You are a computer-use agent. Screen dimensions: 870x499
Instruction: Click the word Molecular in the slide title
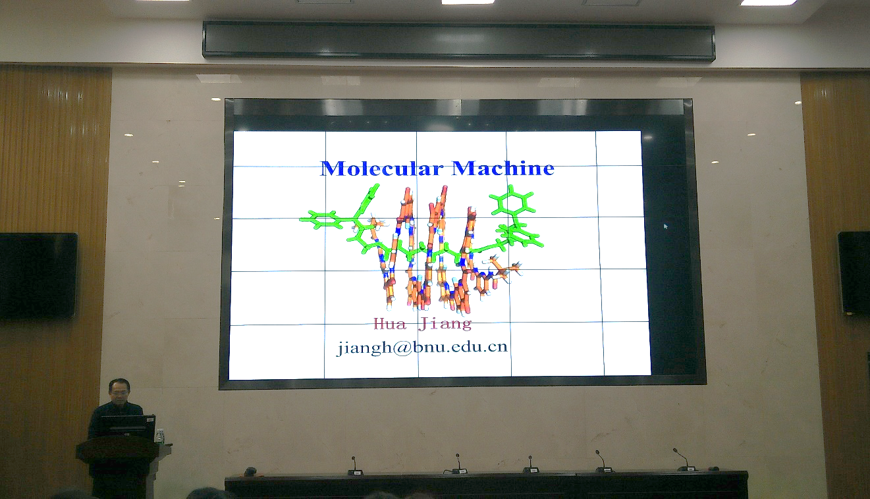381,169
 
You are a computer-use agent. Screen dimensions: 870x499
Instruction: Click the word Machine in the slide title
503,169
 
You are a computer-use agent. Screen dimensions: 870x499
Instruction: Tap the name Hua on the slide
390,323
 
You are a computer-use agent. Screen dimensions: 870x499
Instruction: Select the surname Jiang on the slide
445,323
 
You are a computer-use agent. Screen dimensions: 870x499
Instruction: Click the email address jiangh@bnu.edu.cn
422,347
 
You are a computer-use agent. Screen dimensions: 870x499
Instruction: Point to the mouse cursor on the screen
666,226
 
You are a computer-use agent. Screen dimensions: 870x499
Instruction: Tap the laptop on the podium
128,427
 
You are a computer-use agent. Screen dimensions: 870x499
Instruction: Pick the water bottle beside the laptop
159,435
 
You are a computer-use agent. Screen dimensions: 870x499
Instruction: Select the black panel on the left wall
38,275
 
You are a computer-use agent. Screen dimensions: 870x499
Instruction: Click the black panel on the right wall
854,273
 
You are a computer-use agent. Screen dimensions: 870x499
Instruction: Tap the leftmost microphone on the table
354,466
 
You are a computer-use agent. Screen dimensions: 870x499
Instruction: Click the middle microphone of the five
531,465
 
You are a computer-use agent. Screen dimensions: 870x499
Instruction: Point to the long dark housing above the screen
458,40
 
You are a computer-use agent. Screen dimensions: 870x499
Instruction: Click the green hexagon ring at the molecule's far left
321,220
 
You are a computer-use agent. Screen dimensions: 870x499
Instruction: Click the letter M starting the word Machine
464,169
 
